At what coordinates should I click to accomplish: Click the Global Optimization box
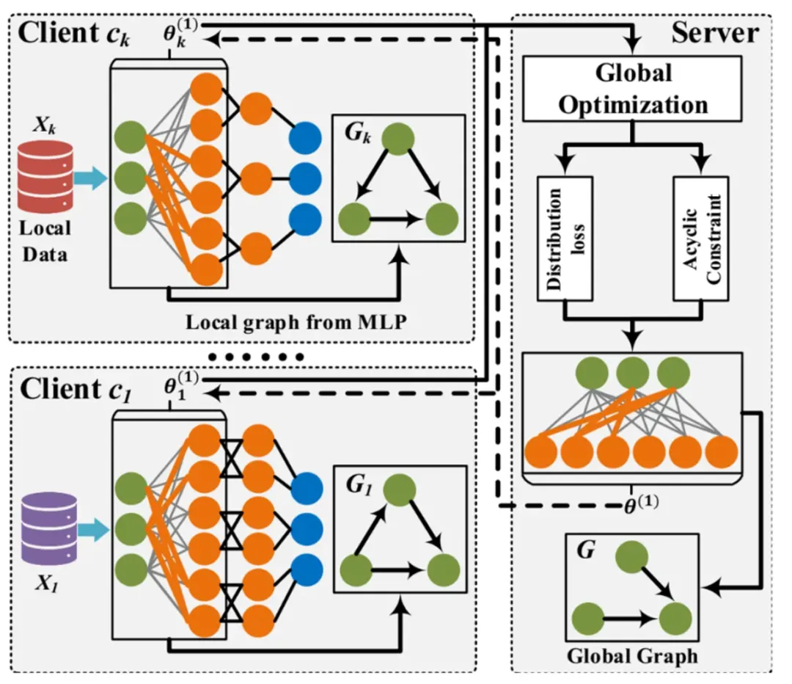click(x=633, y=89)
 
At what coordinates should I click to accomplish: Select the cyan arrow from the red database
click(x=89, y=177)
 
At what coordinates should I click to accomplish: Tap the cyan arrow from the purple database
click(x=89, y=527)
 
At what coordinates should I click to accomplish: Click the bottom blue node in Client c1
click(x=304, y=568)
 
